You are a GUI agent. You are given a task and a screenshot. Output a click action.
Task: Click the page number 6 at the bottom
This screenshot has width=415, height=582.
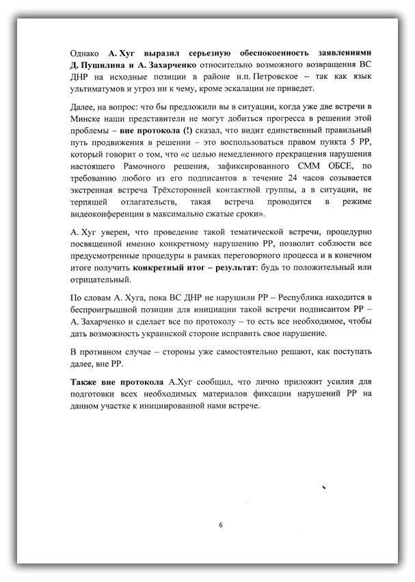coord(221,525)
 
